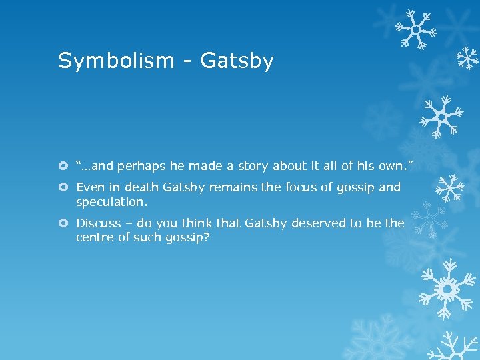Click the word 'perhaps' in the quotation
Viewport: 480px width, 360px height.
click(x=138, y=165)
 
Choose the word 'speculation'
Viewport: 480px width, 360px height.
click(x=109, y=201)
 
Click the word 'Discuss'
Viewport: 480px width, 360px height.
click(x=99, y=223)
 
